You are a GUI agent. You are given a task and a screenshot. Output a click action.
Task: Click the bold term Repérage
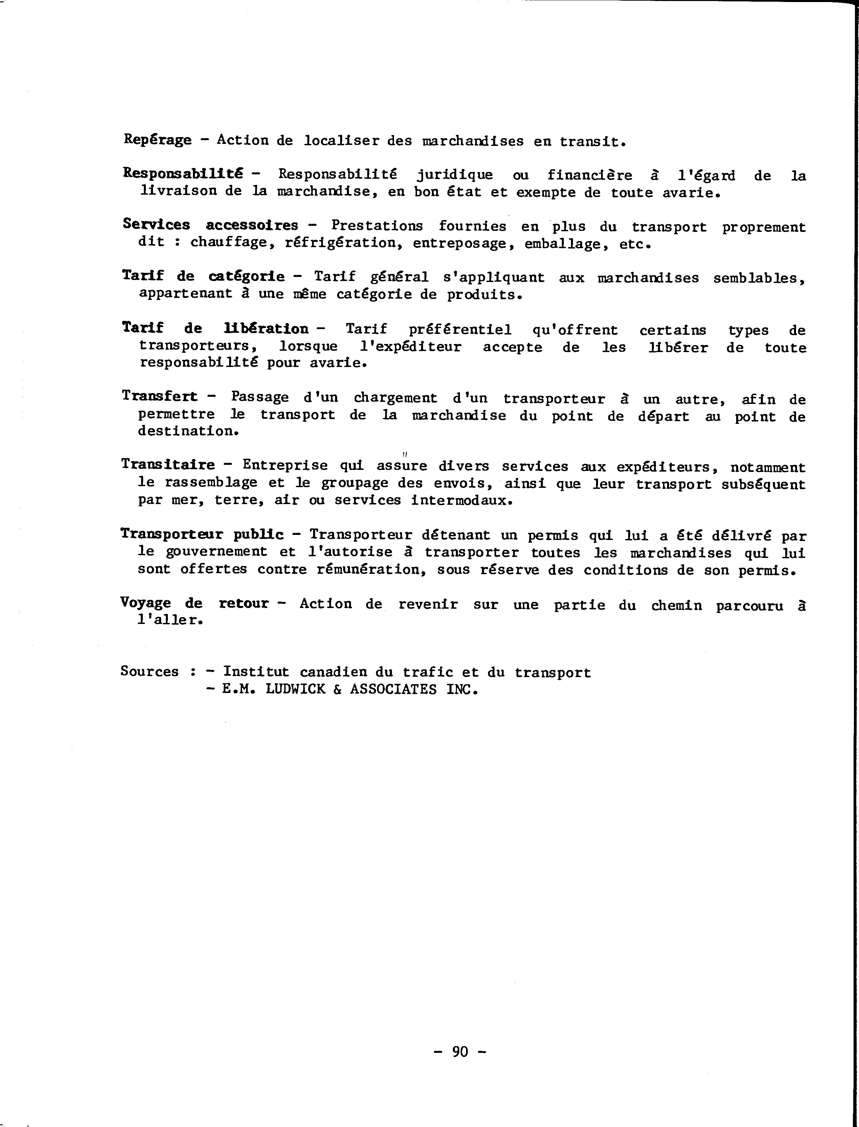157,139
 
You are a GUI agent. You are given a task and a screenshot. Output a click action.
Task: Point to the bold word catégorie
246,276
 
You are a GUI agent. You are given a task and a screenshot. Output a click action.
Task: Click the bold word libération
266,328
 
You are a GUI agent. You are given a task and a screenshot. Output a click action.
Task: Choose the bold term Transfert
159,396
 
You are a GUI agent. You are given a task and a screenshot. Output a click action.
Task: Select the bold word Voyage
146,603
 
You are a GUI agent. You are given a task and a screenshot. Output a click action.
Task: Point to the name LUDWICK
295,689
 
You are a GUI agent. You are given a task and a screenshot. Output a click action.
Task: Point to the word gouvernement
216,552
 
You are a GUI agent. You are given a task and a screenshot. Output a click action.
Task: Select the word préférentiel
460,329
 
